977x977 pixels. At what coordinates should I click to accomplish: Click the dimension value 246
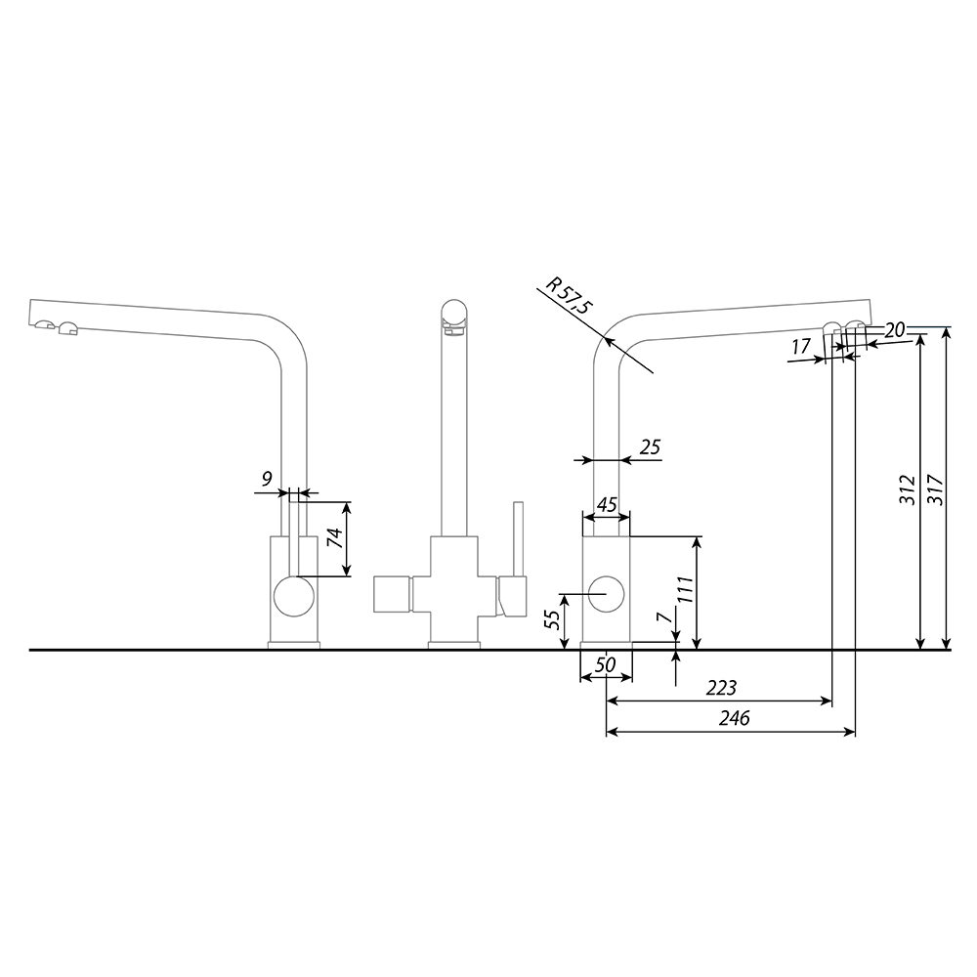click(734, 718)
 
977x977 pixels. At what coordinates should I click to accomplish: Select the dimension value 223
click(721, 688)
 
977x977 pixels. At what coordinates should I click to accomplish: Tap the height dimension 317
click(935, 490)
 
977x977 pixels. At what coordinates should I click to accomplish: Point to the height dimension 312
click(908, 490)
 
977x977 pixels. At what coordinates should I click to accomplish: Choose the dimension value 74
click(335, 537)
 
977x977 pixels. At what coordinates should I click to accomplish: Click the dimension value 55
click(553, 620)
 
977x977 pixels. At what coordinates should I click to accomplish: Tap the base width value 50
click(605, 664)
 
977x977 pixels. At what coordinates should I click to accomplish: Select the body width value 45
click(607, 505)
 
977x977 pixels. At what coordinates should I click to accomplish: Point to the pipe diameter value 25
click(650, 447)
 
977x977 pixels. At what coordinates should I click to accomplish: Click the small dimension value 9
click(267, 479)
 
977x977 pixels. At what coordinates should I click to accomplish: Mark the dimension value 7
click(664, 616)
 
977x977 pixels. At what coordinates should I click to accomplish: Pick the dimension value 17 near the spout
click(801, 347)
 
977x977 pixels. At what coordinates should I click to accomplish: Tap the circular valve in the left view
click(294, 596)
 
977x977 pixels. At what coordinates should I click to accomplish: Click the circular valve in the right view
click(606, 594)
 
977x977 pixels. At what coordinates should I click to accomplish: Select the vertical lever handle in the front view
click(518, 539)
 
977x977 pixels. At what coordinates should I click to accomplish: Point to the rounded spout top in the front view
click(453, 316)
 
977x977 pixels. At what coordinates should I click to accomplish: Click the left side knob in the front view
click(392, 594)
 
